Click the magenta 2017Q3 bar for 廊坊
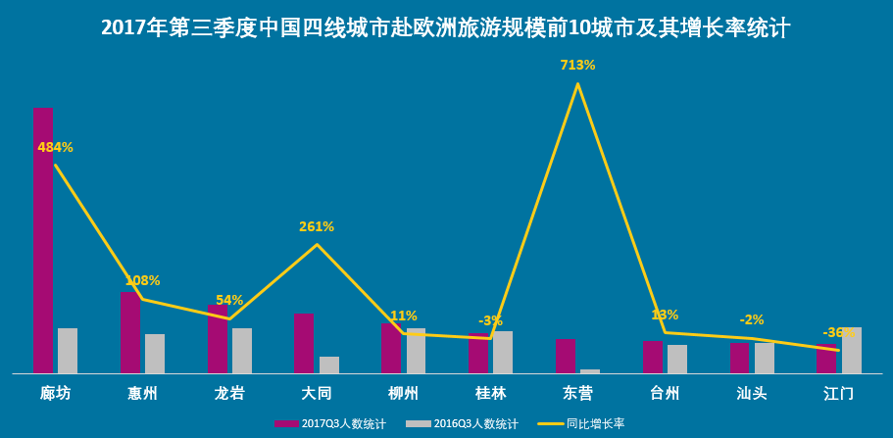tap(43, 240)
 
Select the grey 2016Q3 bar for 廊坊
tap(68, 351)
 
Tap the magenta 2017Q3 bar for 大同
tap(304, 343)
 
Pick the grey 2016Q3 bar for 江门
tap(852, 350)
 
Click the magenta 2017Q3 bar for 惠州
tap(130, 332)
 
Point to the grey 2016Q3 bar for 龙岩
tap(242, 351)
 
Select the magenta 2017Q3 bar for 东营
tap(566, 356)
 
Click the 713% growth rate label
tap(577, 66)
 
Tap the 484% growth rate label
tap(56, 148)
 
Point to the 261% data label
tap(317, 227)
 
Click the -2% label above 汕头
tap(752, 320)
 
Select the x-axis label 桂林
tap(490, 394)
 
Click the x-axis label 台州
tap(665, 394)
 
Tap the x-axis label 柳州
tap(403, 394)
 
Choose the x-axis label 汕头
tap(752, 394)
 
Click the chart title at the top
tap(446, 27)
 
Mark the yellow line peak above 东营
tap(577, 84)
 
